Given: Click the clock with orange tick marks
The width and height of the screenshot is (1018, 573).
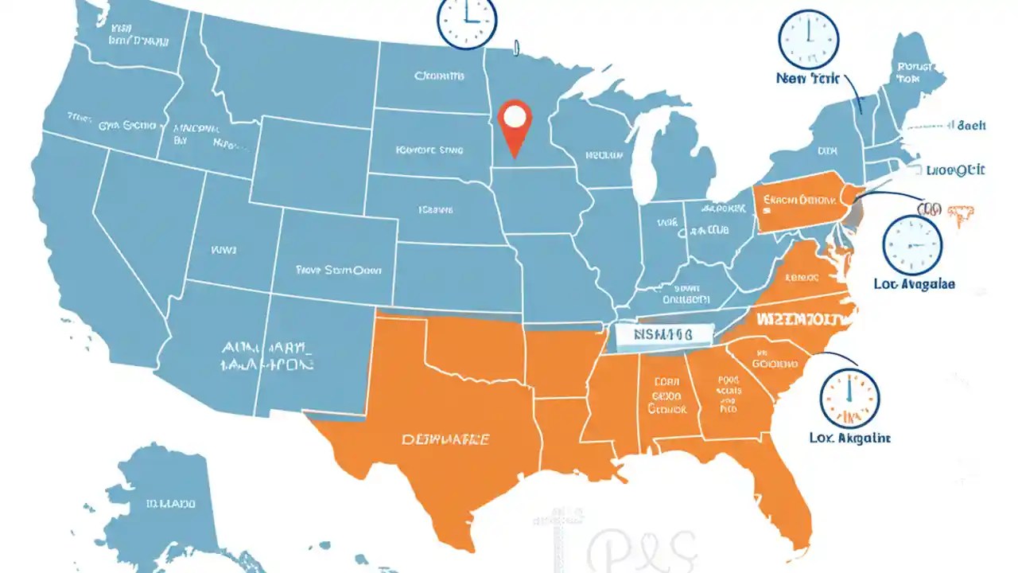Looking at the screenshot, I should [849, 396].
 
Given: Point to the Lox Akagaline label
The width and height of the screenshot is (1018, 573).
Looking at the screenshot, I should [849, 438].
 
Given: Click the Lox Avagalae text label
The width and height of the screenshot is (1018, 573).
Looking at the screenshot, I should [914, 283].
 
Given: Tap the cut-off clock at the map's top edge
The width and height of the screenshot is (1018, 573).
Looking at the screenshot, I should [467, 20].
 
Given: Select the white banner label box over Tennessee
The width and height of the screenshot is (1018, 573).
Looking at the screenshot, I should [654, 336].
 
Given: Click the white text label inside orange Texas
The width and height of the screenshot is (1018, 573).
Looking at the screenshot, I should [445, 439].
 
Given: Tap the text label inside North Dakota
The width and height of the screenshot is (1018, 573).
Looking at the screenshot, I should [438, 77].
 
